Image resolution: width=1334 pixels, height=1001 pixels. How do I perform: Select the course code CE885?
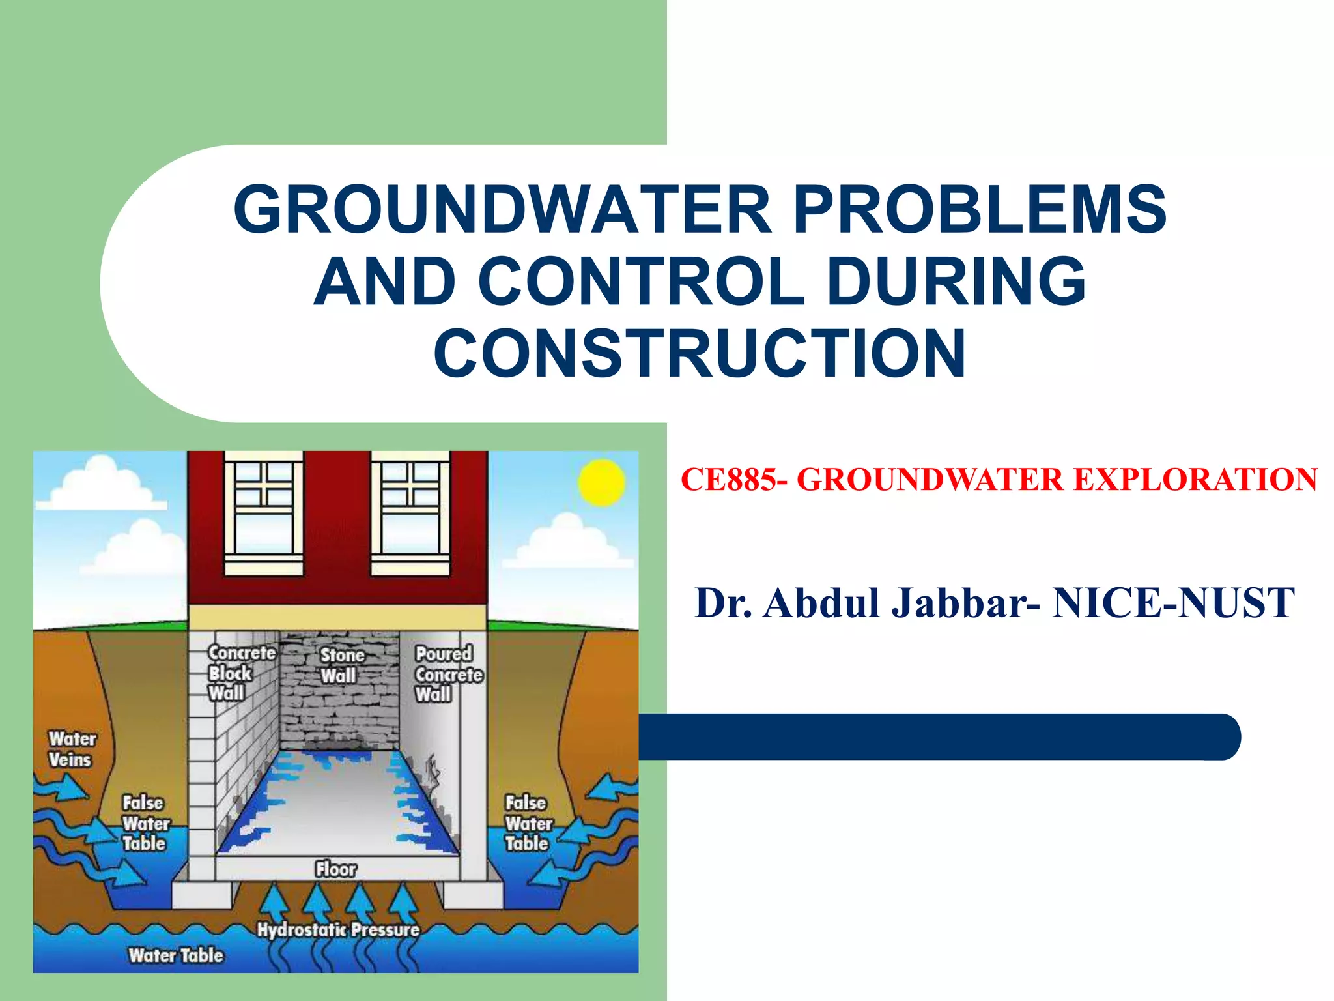coord(729,480)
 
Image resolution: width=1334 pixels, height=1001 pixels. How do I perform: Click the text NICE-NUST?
coord(1173,603)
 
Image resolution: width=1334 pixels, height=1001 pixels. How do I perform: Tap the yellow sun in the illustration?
coord(601,483)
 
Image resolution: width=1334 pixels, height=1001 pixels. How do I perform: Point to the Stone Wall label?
coord(341,665)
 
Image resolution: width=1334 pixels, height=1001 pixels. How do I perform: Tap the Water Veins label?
coord(71,749)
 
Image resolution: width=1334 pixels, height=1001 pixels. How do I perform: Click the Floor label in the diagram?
coord(335,869)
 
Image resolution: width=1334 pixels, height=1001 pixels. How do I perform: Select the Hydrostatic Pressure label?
coord(337,929)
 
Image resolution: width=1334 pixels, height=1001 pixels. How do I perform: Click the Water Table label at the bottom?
coord(176,955)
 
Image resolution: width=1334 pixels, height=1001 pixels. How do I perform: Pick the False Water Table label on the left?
coord(145,823)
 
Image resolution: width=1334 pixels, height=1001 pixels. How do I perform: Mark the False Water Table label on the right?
coord(528,823)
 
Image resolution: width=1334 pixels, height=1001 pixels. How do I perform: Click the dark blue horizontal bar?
coord(938,736)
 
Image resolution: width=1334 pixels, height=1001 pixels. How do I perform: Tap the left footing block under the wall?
coord(202,895)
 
